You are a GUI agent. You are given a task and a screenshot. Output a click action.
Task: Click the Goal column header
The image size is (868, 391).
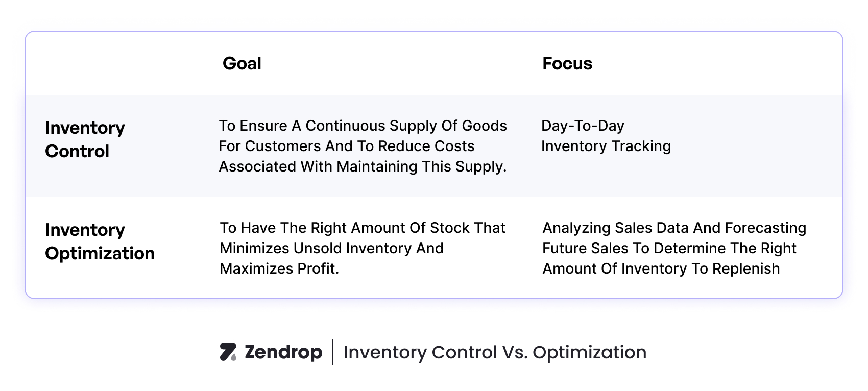pos(242,64)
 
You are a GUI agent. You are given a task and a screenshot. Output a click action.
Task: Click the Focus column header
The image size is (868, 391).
pos(567,64)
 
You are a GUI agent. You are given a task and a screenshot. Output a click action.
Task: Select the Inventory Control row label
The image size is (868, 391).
pos(85,139)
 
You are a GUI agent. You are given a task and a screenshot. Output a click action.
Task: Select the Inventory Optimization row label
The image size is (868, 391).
pos(100,241)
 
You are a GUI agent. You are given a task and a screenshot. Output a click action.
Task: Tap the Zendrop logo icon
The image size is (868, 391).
pos(228,352)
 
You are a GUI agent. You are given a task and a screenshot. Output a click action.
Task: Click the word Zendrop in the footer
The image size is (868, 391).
pos(283,352)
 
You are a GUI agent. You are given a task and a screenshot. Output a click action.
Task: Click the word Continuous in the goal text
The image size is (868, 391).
pos(345,126)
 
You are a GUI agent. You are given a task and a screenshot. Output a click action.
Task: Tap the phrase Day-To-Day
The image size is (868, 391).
pos(583,126)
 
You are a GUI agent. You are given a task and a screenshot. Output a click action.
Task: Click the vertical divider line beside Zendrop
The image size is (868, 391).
pos(333,352)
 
